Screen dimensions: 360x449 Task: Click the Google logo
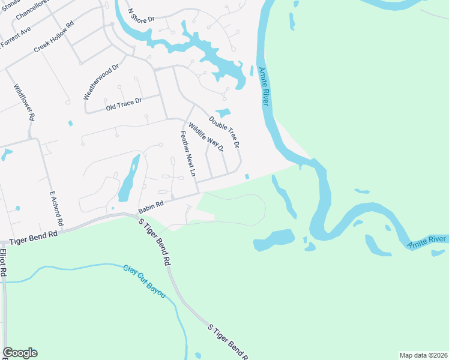pos(20,353)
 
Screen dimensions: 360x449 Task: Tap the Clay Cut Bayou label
pos(144,281)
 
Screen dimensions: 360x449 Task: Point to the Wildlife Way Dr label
pos(206,136)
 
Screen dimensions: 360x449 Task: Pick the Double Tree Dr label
pos(224,132)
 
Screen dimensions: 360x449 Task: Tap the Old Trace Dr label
pos(123,104)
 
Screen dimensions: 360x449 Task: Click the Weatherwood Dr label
pos(101,82)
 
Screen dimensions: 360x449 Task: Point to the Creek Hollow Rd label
pos(53,37)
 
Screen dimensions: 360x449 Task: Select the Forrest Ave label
pos(16,37)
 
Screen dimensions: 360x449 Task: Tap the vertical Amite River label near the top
pos(262,87)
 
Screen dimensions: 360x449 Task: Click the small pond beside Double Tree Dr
pos(223,112)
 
